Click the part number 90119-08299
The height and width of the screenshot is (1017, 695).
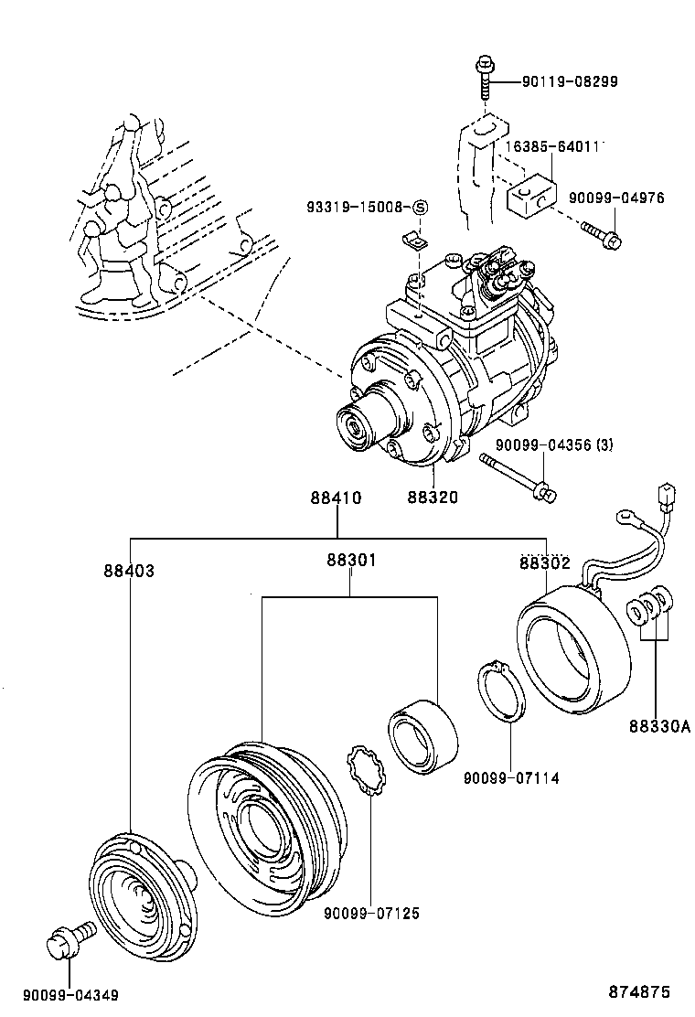pyautogui.click(x=570, y=81)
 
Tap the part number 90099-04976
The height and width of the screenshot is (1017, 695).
pyautogui.click(x=615, y=198)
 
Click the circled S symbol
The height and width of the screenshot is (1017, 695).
pyautogui.click(x=420, y=208)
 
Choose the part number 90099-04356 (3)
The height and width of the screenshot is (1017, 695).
pyautogui.click(x=554, y=444)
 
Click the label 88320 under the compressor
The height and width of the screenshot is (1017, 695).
pyautogui.click(x=433, y=498)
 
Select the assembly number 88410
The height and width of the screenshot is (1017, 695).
pyautogui.click(x=336, y=498)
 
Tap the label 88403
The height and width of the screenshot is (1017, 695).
pyautogui.click(x=129, y=570)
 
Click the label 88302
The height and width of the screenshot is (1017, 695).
pyautogui.click(x=545, y=564)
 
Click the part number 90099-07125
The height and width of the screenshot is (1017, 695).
pyautogui.click(x=371, y=913)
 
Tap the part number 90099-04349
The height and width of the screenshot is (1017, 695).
pyautogui.click(x=70, y=995)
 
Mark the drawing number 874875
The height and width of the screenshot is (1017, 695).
pyautogui.click(x=640, y=991)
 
